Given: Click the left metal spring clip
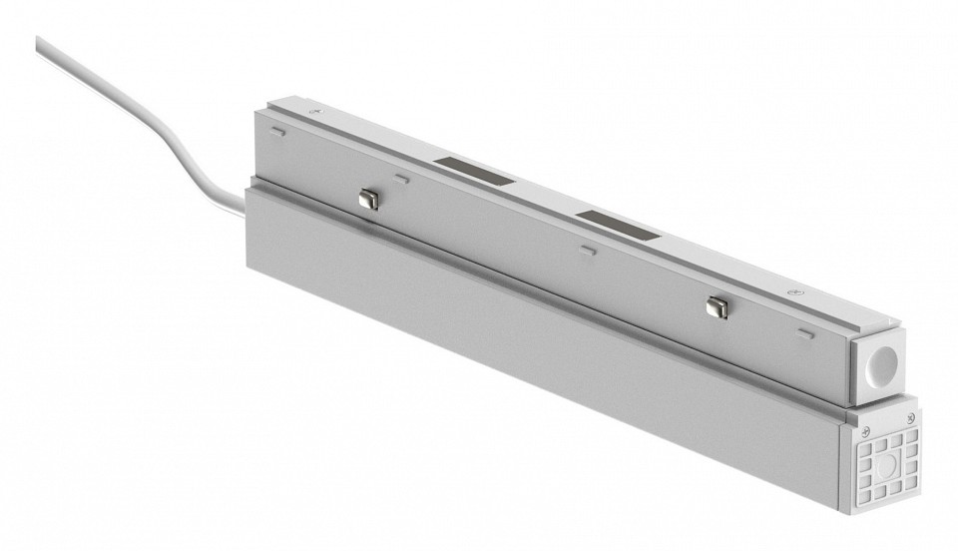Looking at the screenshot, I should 368,199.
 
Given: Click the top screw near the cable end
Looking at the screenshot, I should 317,114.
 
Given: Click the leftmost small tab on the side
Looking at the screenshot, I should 278,130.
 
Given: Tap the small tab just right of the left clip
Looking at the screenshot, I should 401,179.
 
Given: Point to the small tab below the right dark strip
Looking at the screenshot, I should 589,250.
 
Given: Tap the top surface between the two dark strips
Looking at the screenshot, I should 549,199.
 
